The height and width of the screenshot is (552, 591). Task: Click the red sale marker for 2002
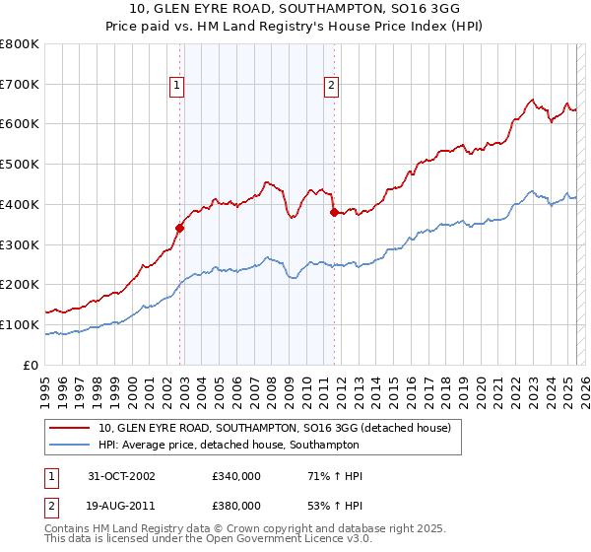click(x=180, y=228)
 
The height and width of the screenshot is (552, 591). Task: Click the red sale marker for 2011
click(x=334, y=212)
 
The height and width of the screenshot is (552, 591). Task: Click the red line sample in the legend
click(x=70, y=428)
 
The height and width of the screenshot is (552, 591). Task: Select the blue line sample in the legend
click(x=70, y=445)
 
